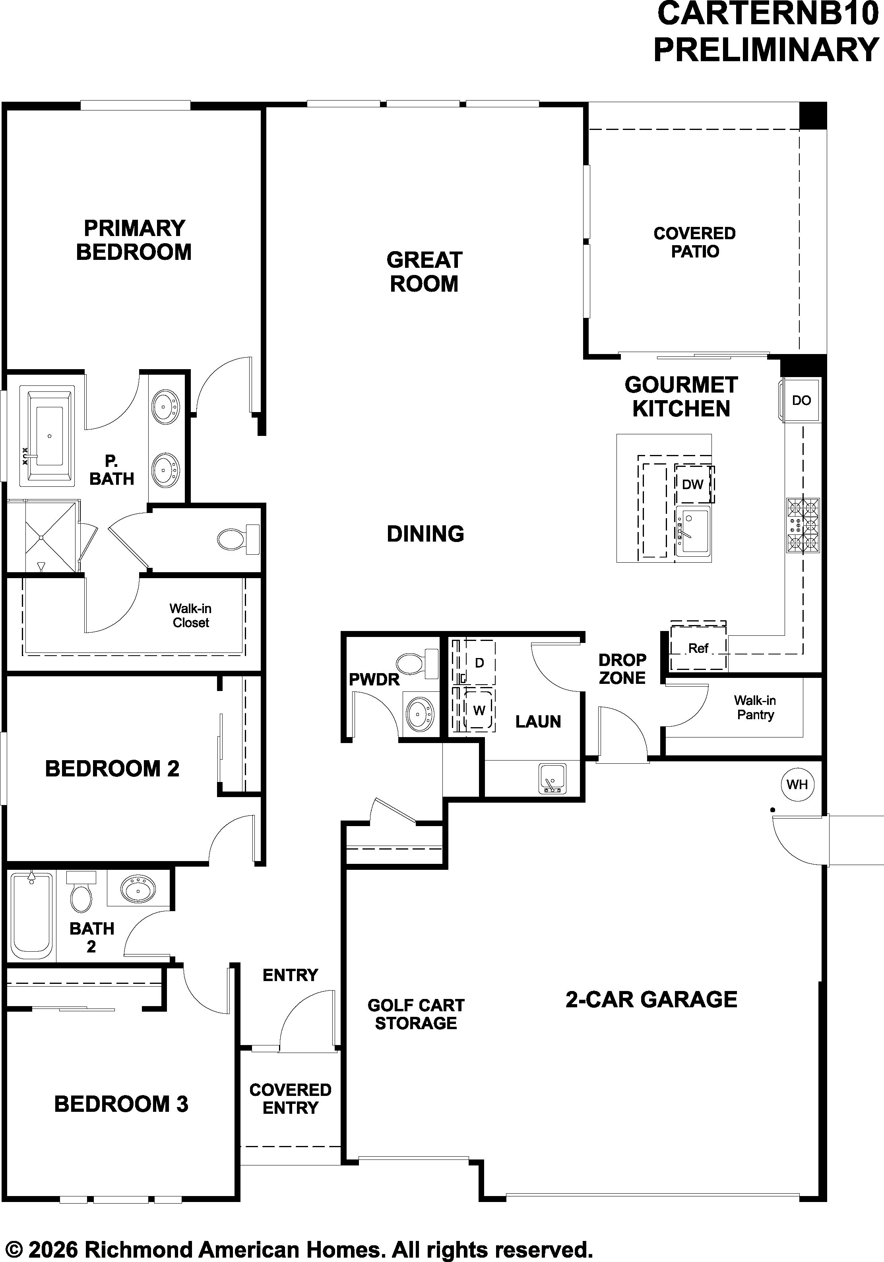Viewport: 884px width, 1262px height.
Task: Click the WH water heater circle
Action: coord(797,784)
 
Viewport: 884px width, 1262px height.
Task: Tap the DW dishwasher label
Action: coord(693,484)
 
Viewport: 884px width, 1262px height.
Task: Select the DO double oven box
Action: coord(801,400)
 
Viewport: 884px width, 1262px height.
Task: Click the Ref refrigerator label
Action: coord(698,648)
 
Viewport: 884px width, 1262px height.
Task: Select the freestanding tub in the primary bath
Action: coord(47,436)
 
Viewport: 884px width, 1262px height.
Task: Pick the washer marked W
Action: coord(479,710)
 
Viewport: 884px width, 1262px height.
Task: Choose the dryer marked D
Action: coord(479,663)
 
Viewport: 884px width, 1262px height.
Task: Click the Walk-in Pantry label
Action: coord(755,707)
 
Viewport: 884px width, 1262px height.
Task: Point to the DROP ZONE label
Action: coord(622,668)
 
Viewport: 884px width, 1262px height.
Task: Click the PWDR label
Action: coord(374,679)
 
